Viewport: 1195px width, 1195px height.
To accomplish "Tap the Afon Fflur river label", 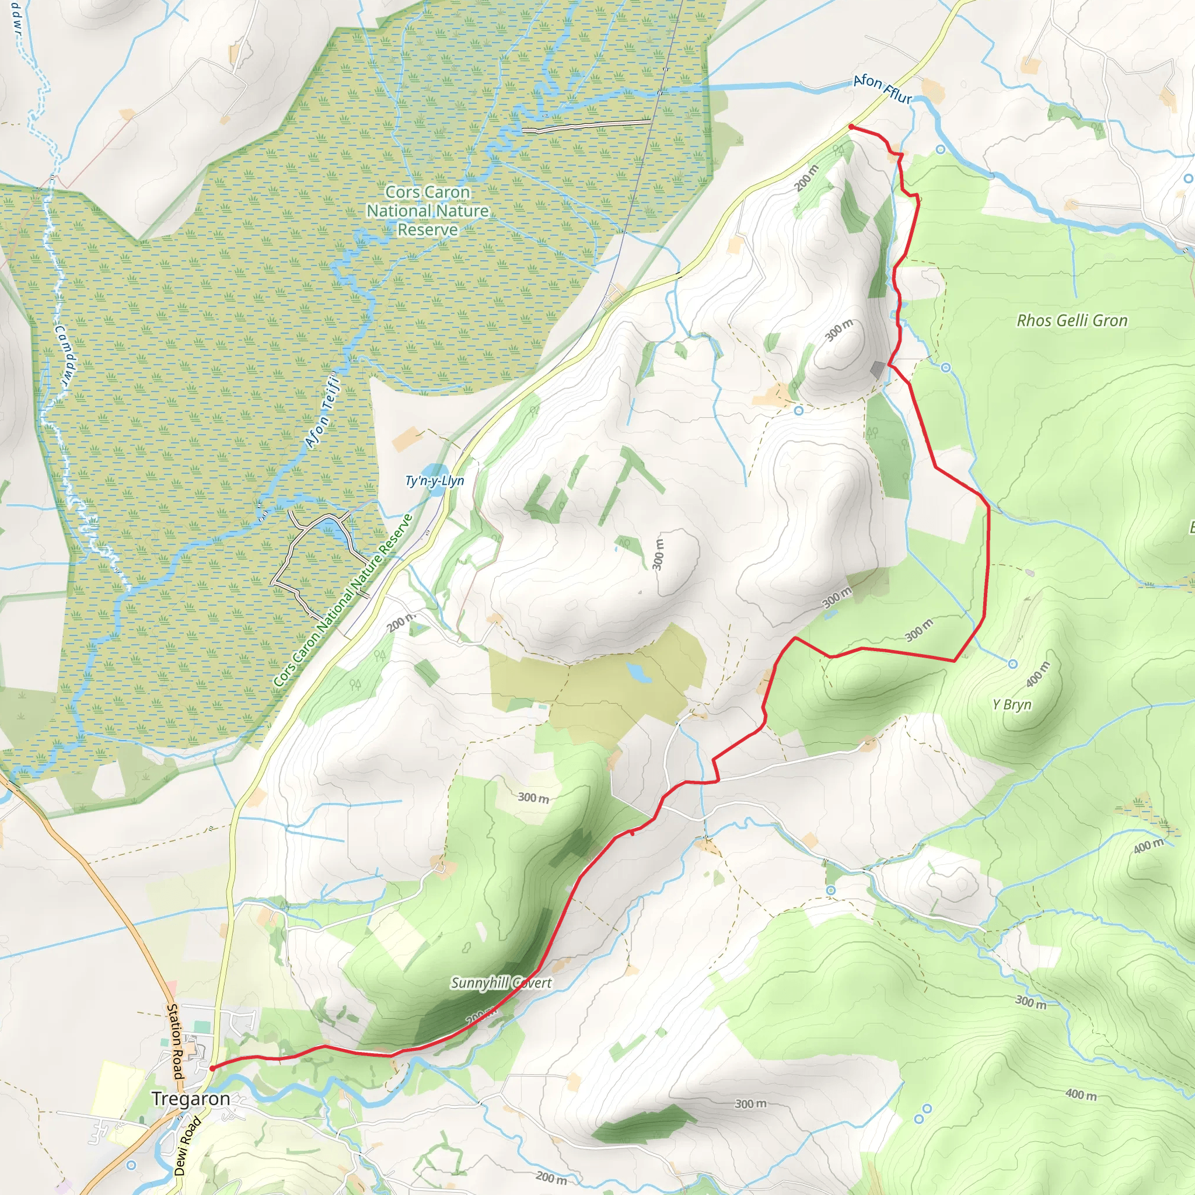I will tap(882, 90).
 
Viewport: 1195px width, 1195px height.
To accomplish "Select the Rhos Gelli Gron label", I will tap(1072, 320).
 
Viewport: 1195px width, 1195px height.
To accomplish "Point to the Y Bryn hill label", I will tap(1011, 704).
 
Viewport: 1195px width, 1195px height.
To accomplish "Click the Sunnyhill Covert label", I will tap(501, 983).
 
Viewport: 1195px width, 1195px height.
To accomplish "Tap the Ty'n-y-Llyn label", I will tap(434, 481).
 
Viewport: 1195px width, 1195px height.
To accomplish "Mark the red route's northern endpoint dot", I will tap(852, 127).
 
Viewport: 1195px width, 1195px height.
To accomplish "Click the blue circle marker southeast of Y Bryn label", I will tap(1012, 663).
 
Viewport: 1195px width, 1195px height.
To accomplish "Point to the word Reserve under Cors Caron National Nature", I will tap(427, 230).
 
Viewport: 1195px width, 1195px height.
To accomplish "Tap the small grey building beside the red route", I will tap(878, 369).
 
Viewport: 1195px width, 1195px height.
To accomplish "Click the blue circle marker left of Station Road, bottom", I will tap(131, 1165).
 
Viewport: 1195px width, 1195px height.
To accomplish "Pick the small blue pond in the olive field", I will tap(638, 672).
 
